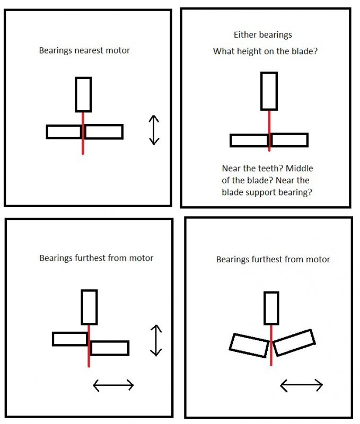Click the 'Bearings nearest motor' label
(x=84, y=51)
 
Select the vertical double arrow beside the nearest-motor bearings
(x=154, y=130)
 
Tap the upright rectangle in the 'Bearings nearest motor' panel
(x=83, y=94)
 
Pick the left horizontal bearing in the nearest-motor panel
(x=64, y=131)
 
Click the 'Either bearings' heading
(x=262, y=35)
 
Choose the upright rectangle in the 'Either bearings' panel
(x=269, y=91)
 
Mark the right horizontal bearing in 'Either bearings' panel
(x=289, y=140)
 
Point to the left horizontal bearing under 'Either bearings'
(x=249, y=140)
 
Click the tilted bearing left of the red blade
(x=249, y=346)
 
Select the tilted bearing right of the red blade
(x=294, y=342)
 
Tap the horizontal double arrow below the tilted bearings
(x=301, y=385)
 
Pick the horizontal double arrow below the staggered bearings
(x=113, y=385)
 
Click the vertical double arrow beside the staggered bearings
(x=155, y=340)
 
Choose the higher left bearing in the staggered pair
(x=70, y=339)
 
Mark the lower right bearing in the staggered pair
(x=109, y=348)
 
